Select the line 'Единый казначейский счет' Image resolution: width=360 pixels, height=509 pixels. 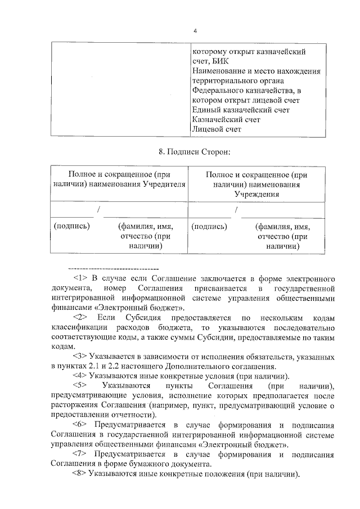(x=241, y=110)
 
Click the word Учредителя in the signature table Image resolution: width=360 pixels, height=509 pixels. (x=164, y=184)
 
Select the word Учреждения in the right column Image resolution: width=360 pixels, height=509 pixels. (x=257, y=194)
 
